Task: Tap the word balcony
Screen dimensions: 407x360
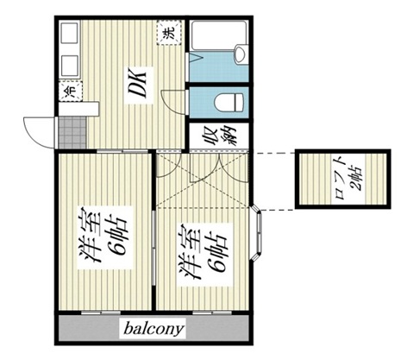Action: (153, 329)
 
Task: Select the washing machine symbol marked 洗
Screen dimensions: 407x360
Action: (170, 33)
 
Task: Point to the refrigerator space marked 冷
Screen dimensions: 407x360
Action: (71, 91)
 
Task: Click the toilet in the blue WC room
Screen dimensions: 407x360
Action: (229, 102)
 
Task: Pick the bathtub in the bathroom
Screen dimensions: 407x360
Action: (219, 35)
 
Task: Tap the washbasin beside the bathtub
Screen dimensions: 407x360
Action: (241, 54)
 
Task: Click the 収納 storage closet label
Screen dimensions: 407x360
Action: (219, 136)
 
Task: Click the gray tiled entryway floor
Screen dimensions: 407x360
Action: (72, 133)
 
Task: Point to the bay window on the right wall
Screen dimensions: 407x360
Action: (258, 232)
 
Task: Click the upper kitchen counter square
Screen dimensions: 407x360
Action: (70, 34)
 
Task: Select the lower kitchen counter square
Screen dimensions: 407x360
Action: (70, 66)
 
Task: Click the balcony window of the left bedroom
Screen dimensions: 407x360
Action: (101, 313)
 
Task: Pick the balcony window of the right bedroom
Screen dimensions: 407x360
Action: (212, 313)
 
